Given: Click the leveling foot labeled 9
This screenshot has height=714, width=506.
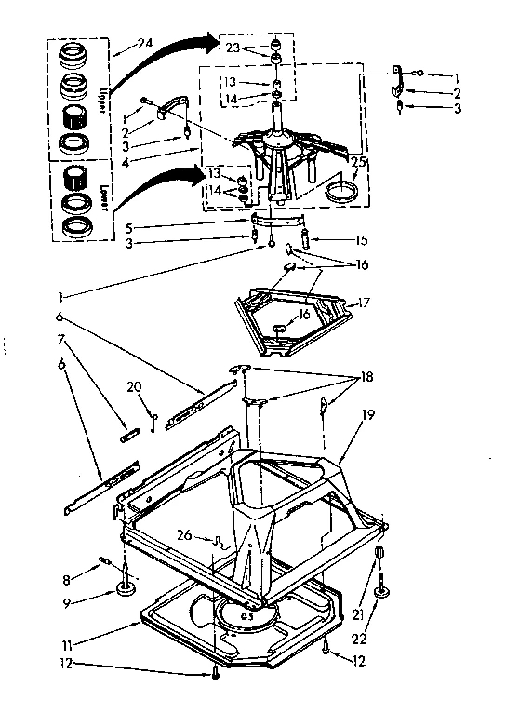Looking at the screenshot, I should [x=123, y=589].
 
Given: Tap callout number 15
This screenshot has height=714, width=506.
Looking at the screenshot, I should [x=362, y=240].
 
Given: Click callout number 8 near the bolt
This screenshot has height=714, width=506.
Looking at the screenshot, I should [x=64, y=579].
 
